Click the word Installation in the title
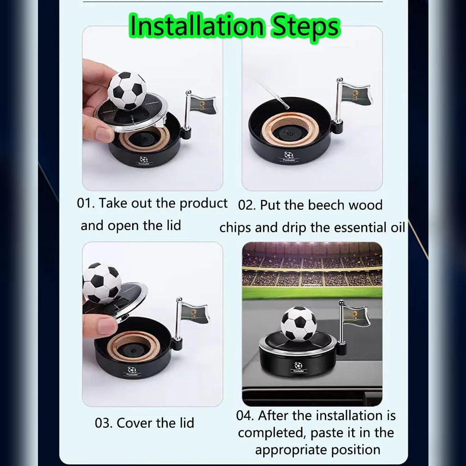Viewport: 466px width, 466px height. point(197,26)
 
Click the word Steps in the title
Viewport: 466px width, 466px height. point(306,27)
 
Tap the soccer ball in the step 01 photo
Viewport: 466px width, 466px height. point(127,90)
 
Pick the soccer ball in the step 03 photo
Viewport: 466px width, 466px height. point(102,283)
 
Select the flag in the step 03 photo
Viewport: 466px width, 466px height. point(195,312)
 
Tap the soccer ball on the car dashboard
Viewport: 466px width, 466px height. point(299,324)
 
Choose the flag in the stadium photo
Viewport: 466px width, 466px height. point(356,315)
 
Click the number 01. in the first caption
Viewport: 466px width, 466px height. point(86,203)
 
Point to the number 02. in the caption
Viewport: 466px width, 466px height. point(247,205)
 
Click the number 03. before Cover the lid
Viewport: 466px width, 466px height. point(104,423)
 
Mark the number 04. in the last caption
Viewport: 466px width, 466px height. point(245,416)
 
